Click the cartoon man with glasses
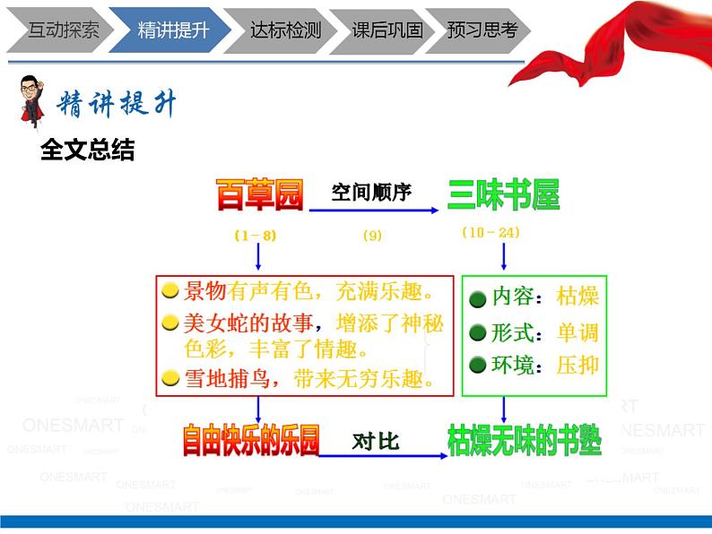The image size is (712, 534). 32,102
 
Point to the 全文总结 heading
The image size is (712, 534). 87,151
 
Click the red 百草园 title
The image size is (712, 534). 259,194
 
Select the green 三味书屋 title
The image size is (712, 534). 503,194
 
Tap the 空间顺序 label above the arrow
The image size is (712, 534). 371,192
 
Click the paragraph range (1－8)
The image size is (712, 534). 256,236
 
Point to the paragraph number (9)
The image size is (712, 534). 372,236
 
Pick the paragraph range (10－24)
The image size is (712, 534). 491,233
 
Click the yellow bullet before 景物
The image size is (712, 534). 169,292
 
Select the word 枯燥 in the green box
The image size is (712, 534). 577,297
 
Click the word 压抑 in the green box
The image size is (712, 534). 577,365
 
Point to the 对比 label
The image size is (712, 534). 376,441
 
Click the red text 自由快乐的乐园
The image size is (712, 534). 251,441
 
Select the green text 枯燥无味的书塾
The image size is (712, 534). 525,440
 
